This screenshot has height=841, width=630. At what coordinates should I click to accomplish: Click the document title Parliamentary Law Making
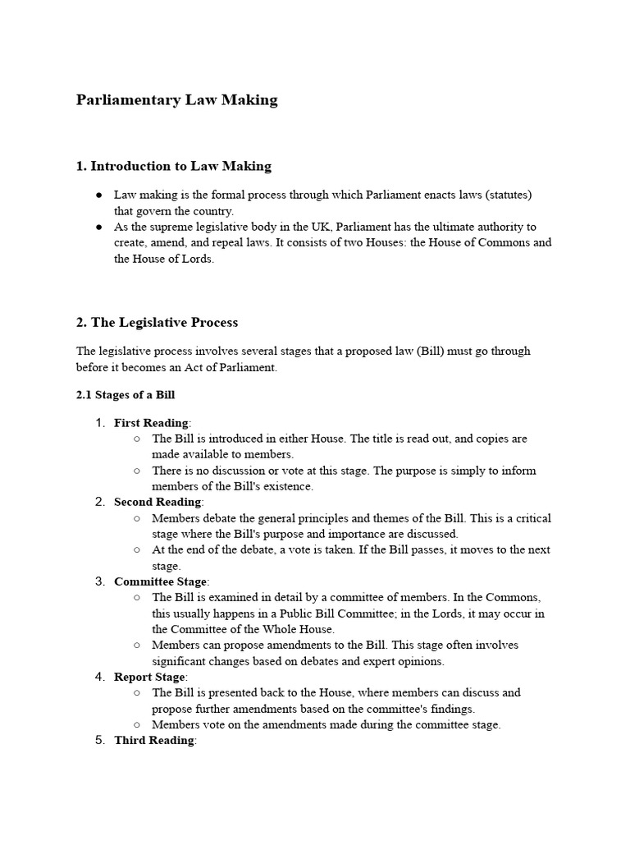[176, 100]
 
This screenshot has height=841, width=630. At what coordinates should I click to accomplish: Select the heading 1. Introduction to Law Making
[173, 167]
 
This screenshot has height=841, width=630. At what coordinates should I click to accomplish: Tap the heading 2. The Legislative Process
[157, 322]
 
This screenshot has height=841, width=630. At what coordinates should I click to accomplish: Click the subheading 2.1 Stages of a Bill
[126, 395]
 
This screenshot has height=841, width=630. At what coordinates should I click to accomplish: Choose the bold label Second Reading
[157, 502]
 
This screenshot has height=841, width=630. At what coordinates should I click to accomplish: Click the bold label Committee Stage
[161, 581]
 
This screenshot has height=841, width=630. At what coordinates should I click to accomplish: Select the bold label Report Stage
[150, 677]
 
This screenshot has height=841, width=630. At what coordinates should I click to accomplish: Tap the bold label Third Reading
[153, 740]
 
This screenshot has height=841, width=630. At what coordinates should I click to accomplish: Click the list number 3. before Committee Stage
[100, 581]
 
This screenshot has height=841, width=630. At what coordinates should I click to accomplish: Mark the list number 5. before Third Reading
[100, 740]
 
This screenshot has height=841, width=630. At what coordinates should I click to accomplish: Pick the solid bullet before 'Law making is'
[98, 195]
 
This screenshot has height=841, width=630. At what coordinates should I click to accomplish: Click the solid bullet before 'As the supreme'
[98, 227]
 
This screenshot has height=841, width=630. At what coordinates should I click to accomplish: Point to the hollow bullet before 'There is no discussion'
[136, 471]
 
